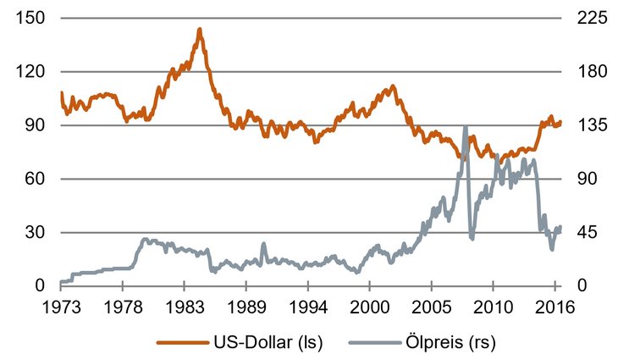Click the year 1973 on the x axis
click(x=62, y=307)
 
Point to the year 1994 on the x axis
click(x=308, y=307)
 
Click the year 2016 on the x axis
click(x=555, y=307)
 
